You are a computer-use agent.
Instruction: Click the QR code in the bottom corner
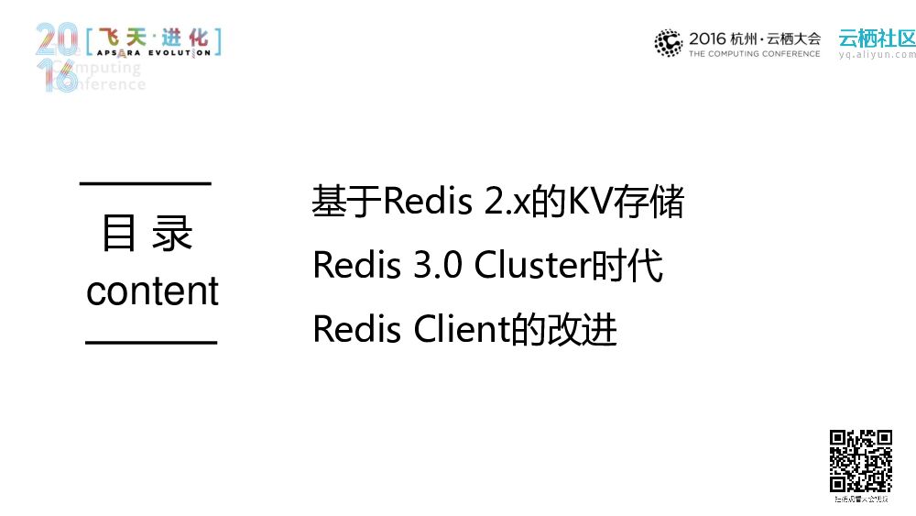click(860, 461)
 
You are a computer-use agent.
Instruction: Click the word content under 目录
click(152, 291)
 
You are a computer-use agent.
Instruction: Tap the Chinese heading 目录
click(147, 235)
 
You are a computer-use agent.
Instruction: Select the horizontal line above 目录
click(147, 183)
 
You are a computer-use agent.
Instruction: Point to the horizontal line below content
click(151, 342)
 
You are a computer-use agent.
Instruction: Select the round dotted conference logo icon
click(669, 43)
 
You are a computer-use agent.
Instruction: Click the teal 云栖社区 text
click(877, 38)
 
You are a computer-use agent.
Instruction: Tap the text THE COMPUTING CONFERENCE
click(755, 54)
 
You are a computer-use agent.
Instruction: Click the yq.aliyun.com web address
click(877, 55)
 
